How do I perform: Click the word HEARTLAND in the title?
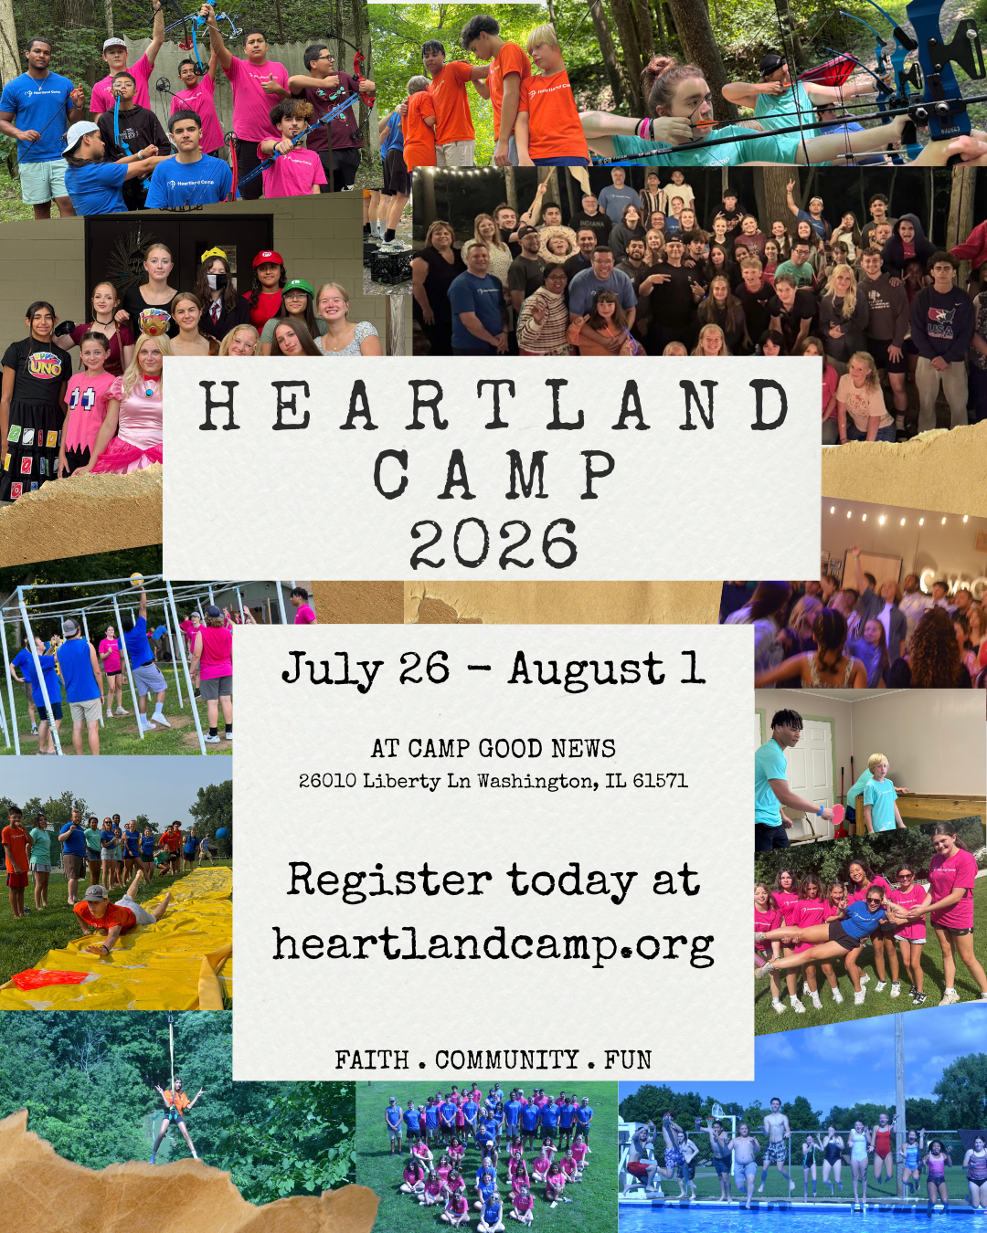493,406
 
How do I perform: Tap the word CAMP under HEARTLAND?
493,475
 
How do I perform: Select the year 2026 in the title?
493,544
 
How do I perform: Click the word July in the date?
332,669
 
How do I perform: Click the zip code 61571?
660,781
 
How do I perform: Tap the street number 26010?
327,781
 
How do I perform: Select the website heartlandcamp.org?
493,945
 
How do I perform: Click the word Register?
389,880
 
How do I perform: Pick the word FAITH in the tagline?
372,1060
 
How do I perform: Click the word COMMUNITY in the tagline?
507,1060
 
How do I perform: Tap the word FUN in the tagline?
627,1060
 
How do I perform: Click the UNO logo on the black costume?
43,365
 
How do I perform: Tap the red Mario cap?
268,259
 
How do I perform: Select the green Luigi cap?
298,289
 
